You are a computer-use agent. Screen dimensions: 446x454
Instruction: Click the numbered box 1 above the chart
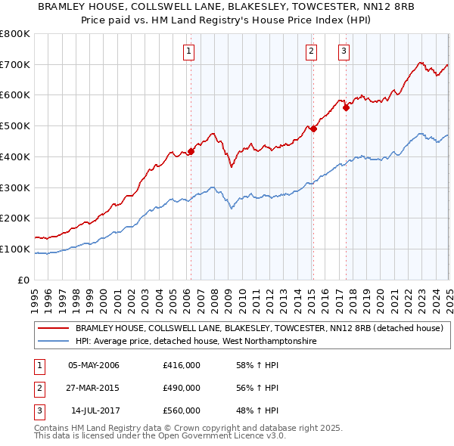click(188, 51)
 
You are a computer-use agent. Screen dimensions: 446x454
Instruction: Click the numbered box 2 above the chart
click(311, 51)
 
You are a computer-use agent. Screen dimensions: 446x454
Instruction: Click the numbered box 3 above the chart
click(344, 51)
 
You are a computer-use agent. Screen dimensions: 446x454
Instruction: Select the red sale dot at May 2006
click(191, 151)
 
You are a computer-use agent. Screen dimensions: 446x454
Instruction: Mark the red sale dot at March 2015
click(313, 129)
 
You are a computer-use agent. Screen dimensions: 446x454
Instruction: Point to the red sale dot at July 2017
click(346, 107)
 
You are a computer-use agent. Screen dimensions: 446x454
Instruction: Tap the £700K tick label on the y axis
click(15, 64)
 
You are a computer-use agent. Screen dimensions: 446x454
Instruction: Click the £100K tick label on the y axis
click(15, 249)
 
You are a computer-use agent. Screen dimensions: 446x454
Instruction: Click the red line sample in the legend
click(54, 329)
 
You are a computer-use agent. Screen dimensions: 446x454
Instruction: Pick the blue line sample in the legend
click(54, 342)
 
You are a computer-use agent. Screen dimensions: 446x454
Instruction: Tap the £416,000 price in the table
click(182, 365)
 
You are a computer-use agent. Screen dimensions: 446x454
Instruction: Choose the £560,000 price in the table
click(182, 410)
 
